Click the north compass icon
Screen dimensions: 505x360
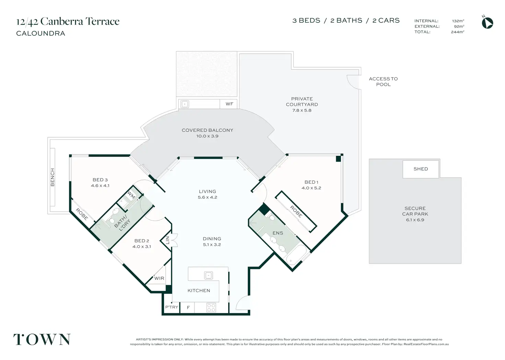click(x=487, y=23)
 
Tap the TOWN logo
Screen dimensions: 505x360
click(x=42, y=339)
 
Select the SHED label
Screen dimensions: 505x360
click(x=421, y=169)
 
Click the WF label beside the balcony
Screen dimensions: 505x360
click(x=230, y=104)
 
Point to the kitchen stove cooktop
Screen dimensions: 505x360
click(x=211, y=307)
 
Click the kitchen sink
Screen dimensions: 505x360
click(x=209, y=276)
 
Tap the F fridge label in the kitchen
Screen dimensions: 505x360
click(x=188, y=307)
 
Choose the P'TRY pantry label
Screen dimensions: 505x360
click(x=172, y=307)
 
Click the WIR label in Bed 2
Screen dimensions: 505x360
click(x=159, y=278)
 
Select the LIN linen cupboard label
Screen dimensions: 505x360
click(x=167, y=240)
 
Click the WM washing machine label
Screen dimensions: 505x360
click(x=131, y=195)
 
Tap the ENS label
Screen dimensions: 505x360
click(x=278, y=233)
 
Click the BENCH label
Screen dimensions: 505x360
click(x=52, y=177)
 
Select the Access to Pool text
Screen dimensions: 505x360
click(x=383, y=82)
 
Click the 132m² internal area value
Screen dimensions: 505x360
click(x=458, y=21)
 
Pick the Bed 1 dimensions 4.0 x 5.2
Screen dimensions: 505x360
click(x=312, y=188)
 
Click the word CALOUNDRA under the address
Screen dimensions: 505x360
click(x=41, y=33)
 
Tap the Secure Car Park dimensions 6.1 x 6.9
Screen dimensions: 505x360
click(x=415, y=220)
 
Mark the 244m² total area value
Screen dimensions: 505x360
click(x=457, y=32)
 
